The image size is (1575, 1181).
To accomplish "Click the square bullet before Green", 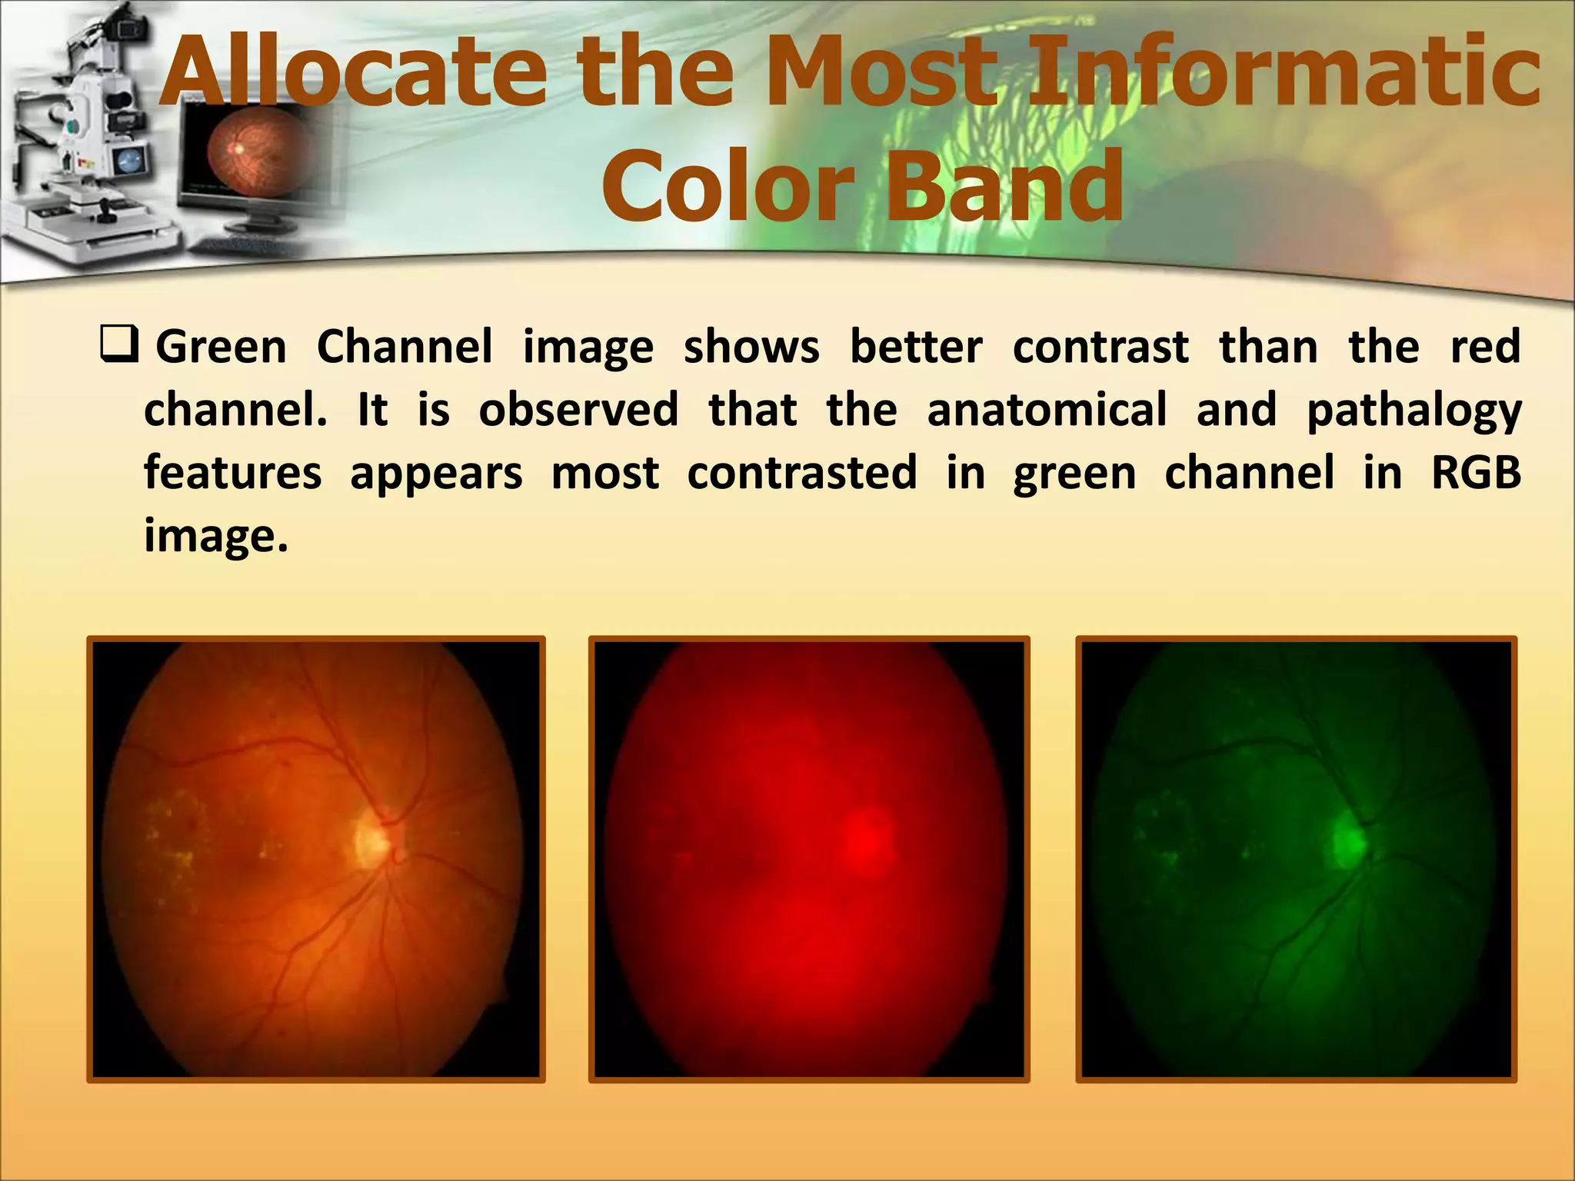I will [119, 345].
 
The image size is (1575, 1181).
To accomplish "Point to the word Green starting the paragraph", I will [221, 347].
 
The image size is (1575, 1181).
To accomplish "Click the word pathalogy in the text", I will [1414, 410].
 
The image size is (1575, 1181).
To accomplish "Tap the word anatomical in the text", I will [1047, 409].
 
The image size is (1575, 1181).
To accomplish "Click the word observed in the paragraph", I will [578, 409].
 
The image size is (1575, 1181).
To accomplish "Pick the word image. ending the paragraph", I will [216, 535].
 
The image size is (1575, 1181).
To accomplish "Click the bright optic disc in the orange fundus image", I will [373, 839].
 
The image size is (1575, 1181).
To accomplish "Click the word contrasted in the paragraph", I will [801, 472].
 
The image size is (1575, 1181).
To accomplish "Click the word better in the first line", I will [915, 347].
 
